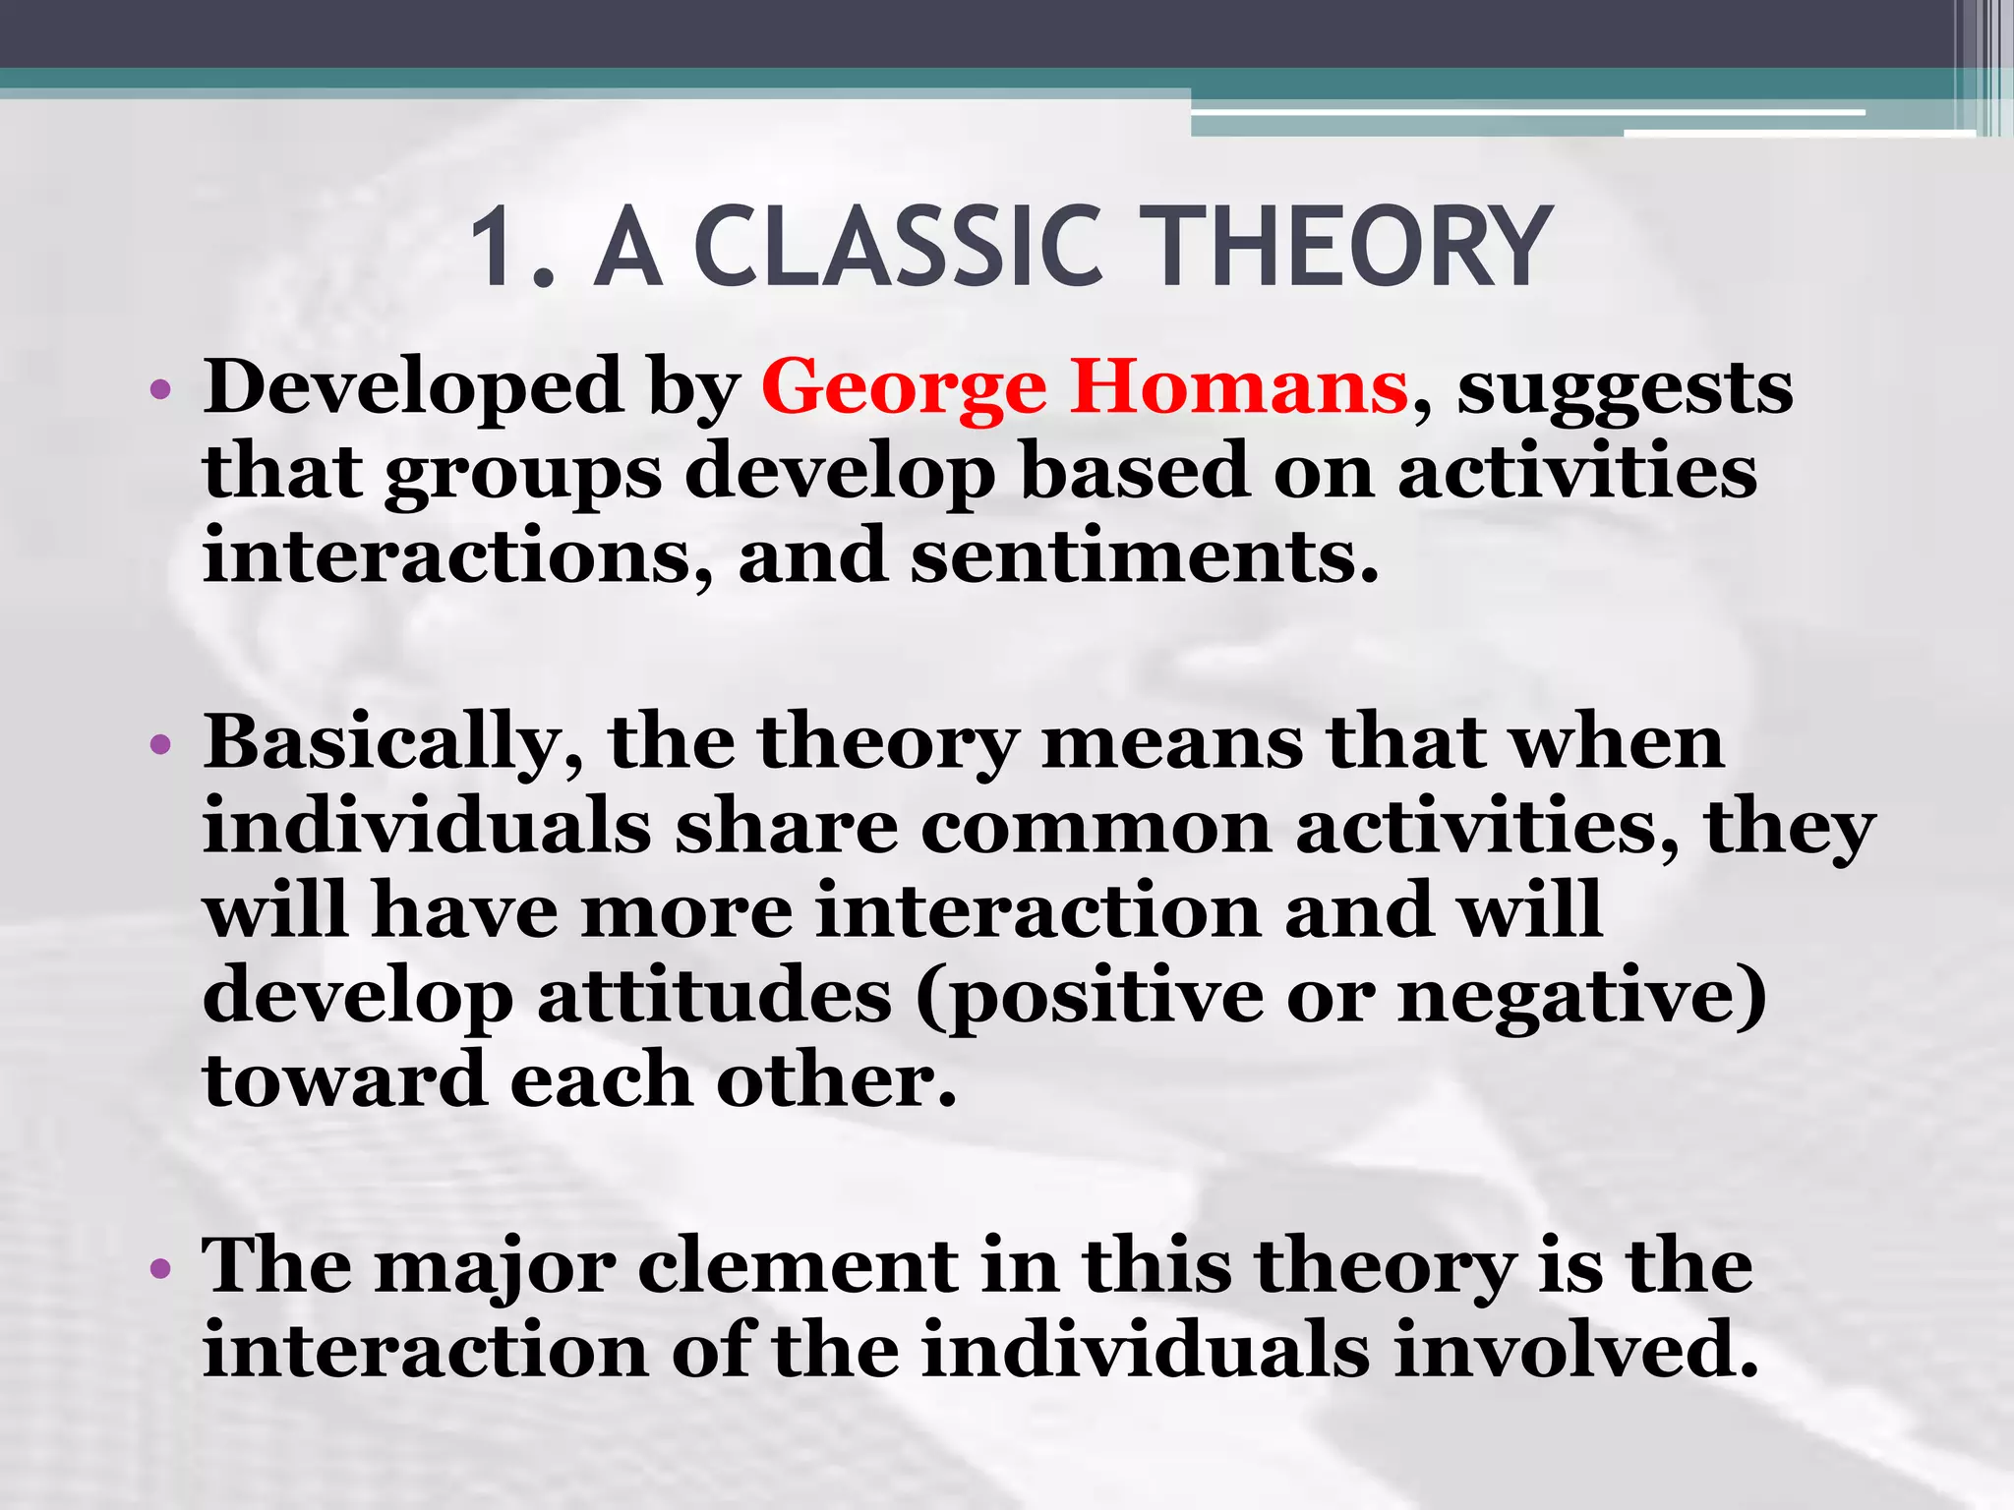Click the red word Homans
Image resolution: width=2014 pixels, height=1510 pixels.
point(1239,386)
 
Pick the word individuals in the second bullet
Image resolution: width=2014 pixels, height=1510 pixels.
point(427,826)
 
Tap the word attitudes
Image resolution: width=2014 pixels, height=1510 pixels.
point(715,997)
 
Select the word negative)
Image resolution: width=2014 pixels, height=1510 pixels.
point(1581,997)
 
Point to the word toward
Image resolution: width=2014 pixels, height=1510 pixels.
point(344,1080)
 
